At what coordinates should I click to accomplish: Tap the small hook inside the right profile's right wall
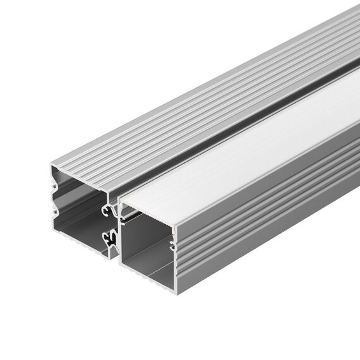[x=172, y=243]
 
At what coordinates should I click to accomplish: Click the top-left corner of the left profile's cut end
[x=51, y=165]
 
